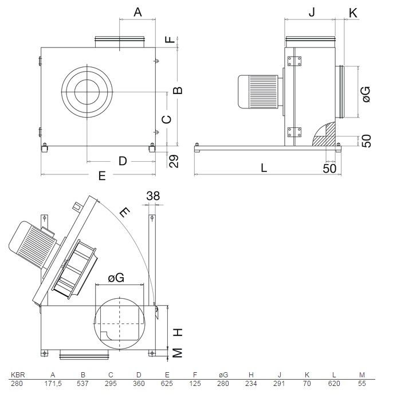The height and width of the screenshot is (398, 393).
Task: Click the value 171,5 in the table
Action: click(x=53, y=384)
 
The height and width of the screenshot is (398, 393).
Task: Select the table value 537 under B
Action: click(x=83, y=383)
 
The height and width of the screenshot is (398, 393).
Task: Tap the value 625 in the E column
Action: click(x=167, y=383)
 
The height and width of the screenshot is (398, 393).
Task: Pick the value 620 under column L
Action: click(x=334, y=383)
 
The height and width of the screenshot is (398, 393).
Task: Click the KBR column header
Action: click(x=18, y=375)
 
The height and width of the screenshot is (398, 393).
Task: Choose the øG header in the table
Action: click(x=223, y=375)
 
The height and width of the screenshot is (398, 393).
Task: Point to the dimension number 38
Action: click(x=153, y=196)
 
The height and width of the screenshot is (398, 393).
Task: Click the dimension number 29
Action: click(x=174, y=161)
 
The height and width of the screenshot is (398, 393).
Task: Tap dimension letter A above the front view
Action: click(x=137, y=12)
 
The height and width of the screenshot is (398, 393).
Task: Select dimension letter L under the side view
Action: click(x=264, y=168)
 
